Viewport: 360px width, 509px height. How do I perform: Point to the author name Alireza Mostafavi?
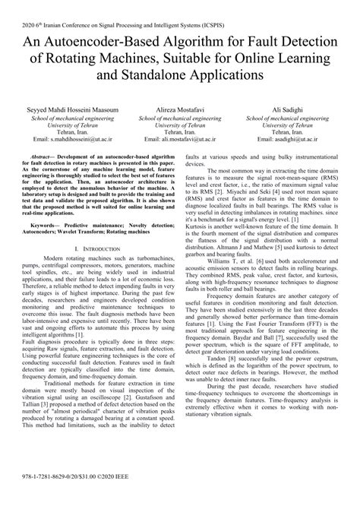(x=178, y=109)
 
